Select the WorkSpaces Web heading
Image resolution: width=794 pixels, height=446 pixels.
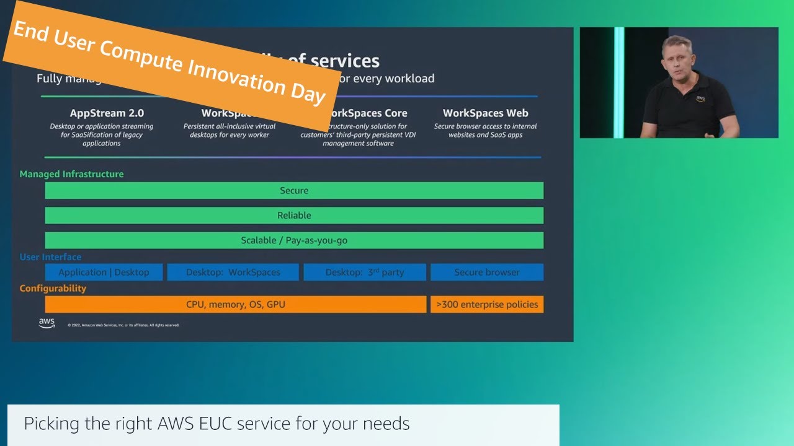[x=485, y=113]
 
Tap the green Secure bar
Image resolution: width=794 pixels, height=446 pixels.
[x=294, y=191]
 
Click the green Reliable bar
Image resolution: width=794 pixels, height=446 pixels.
[x=294, y=216]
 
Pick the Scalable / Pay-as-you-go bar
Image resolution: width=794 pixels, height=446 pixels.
[x=294, y=240]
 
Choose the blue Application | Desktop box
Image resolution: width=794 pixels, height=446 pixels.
[x=104, y=273]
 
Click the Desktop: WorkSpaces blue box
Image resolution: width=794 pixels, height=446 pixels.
[x=233, y=273]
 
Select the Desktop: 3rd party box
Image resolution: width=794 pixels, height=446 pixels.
[x=365, y=273]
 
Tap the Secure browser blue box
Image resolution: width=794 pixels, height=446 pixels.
[x=487, y=273]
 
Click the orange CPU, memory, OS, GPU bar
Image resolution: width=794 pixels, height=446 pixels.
[x=236, y=305]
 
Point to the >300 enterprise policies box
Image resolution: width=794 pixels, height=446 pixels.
[x=487, y=305]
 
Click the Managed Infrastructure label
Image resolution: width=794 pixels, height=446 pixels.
[x=71, y=174]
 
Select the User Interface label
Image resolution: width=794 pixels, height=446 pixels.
[x=50, y=257]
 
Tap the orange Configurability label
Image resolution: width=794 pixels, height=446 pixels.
[x=53, y=289]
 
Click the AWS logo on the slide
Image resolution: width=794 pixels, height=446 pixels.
[x=47, y=323]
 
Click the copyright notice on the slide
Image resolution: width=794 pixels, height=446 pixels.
[x=123, y=325]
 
